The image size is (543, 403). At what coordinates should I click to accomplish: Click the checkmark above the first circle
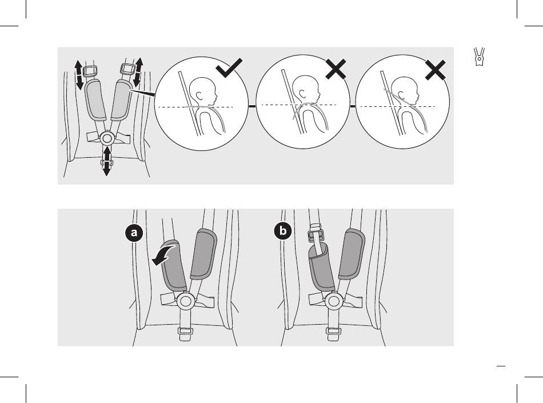click(x=229, y=68)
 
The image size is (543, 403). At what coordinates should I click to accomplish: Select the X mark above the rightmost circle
click(x=436, y=70)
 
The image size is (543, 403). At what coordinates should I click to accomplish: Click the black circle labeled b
click(x=283, y=230)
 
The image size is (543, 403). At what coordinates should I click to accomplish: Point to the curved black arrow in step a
click(x=165, y=255)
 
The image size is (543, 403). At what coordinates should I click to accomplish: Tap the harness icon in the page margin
click(x=480, y=57)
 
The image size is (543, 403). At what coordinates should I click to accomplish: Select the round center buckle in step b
click(x=334, y=301)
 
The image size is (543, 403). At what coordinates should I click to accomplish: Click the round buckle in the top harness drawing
click(x=107, y=138)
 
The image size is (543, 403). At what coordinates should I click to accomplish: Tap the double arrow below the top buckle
click(x=107, y=161)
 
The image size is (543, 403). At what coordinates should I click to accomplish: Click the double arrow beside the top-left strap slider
click(x=79, y=75)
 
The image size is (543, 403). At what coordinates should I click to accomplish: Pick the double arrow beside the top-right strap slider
click(x=138, y=73)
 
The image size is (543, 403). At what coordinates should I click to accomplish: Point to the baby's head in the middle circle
click(x=305, y=89)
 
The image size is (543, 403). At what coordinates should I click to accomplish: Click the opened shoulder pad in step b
click(x=321, y=266)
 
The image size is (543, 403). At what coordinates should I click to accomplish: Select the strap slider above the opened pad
click(x=315, y=233)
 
